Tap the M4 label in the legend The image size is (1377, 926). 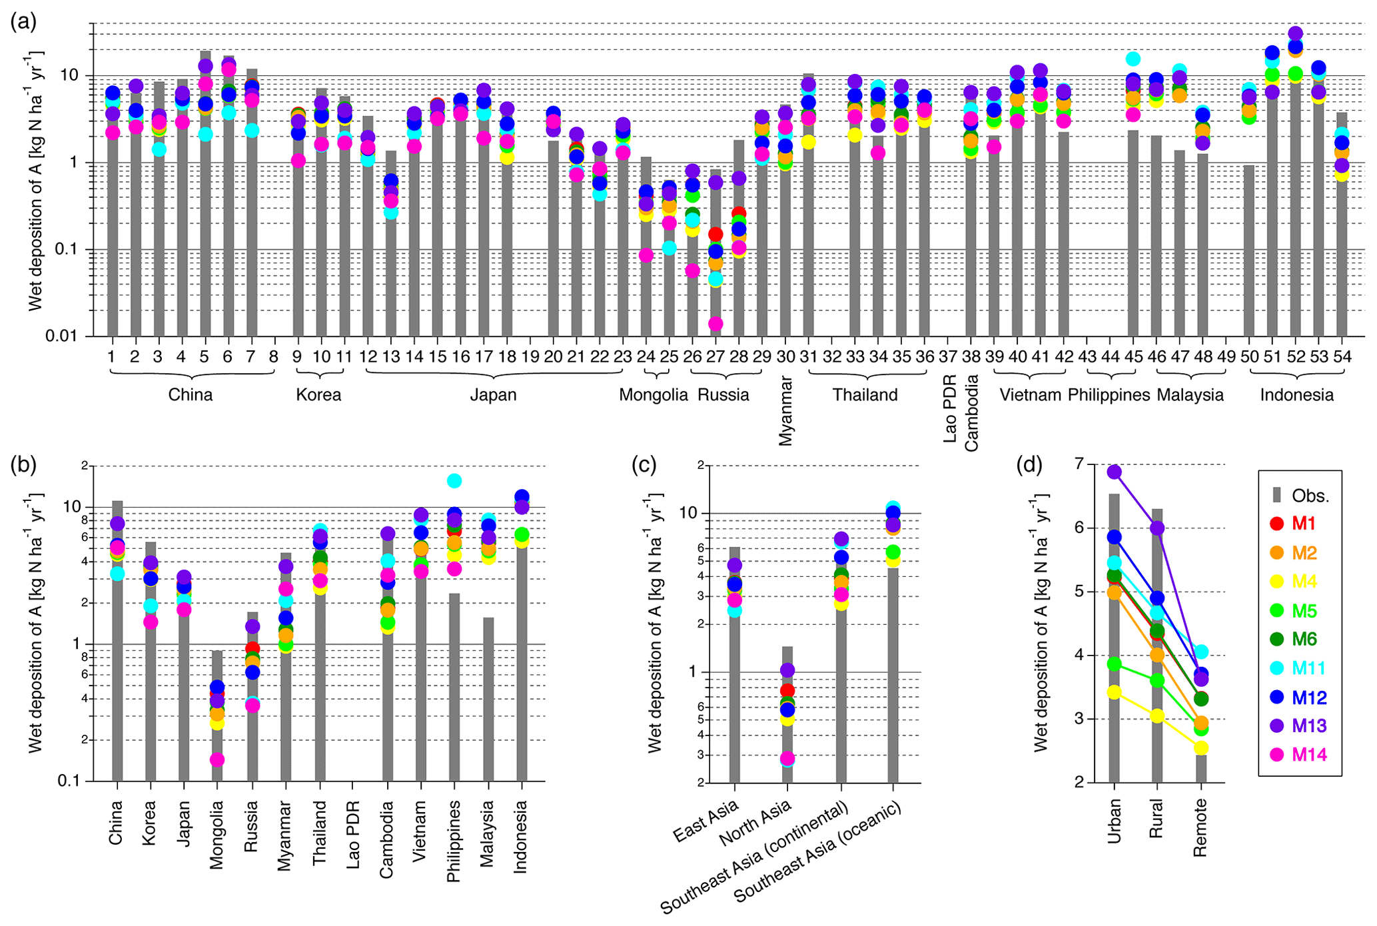pyautogui.click(x=1304, y=582)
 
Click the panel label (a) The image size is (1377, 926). pyautogui.click(x=23, y=22)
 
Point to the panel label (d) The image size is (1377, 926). pyautogui.click(x=1029, y=464)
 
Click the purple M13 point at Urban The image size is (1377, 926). pyautogui.click(x=1114, y=472)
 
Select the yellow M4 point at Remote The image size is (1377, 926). pyautogui.click(x=1201, y=747)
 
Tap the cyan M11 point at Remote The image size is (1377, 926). pyautogui.click(x=1200, y=652)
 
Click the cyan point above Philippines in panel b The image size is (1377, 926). pyautogui.click(x=454, y=481)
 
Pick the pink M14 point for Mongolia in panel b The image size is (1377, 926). pyautogui.click(x=217, y=759)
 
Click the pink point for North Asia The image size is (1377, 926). pyautogui.click(x=787, y=758)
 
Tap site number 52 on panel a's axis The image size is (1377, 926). pyautogui.click(x=1296, y=357)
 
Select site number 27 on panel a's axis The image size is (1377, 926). pyautogui.click(x=715, y=357)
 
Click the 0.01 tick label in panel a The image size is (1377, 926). pyautogui.click(x=62, y=336)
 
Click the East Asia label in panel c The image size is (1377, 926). pyautogui.click(x=706, y=821)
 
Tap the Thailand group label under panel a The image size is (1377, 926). pyautogui.click(x=865, y=395)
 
